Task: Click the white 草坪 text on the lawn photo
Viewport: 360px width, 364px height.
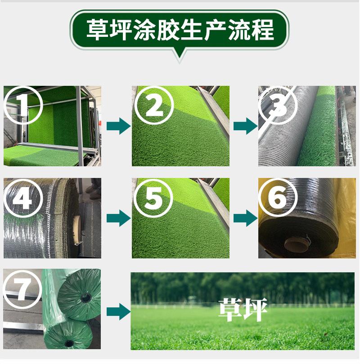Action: click(243, 310)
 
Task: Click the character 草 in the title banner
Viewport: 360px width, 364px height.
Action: click(97, 30)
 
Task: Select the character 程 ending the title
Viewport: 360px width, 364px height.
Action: click(263, 30)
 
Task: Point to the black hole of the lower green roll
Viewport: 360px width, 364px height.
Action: click(69, 343)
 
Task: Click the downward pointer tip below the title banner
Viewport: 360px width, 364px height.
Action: click(180, 60)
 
